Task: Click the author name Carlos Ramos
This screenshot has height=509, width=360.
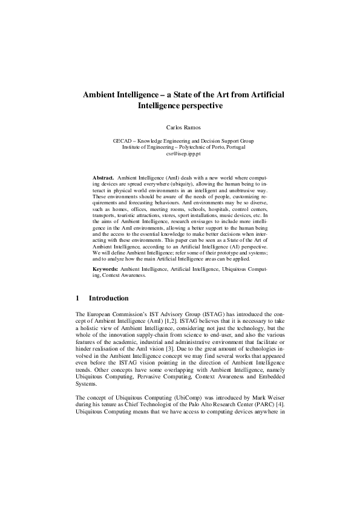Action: [180, 128]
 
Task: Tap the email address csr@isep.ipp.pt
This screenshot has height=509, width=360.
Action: [180, 154]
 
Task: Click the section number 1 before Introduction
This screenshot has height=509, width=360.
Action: [77, 298]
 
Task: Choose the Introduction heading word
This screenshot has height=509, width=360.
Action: [108, 298]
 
